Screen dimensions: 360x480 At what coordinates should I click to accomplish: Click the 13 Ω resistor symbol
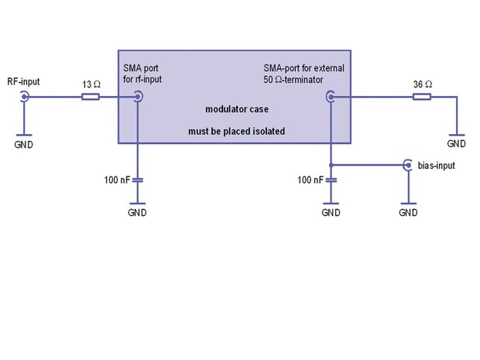pyautogui.click(x=90, y=97)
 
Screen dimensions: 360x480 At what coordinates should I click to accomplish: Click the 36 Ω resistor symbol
pyautogui.click(x=422, y=97)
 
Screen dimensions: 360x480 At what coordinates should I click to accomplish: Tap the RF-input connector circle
pyautogui.click(x=24, y=97)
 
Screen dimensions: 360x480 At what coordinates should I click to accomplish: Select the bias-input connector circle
pyautogui.click(x=407, y=165)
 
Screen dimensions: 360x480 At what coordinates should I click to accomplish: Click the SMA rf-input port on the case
pyautogui.click(x=138, y=97)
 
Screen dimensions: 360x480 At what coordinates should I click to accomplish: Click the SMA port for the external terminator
pyautogui.click(x=331, y=97)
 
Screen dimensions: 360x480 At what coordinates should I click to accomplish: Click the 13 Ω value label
pyautogui.click(x=90, y=82)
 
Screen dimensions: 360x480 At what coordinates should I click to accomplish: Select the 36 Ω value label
pyautogui.click(x=422, y=82)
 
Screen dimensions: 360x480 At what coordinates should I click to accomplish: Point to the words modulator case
pyautogui.click(x=235, y=109)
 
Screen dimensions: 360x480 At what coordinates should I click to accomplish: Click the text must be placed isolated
pyautogui.click(x=236, y=132)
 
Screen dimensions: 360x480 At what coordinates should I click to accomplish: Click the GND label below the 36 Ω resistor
pyautogui.click(x=456, y=144)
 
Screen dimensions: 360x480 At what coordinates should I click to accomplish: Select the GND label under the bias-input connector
pyautogui.click(x=407, y=212)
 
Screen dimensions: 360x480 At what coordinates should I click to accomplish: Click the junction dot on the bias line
pyautogui.click(x=331, y=165)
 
